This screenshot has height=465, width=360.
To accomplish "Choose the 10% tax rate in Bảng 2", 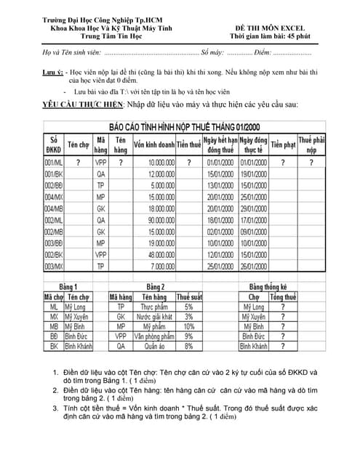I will [x=189, y=327].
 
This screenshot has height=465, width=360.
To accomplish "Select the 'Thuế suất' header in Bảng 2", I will [x=189, y=296].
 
